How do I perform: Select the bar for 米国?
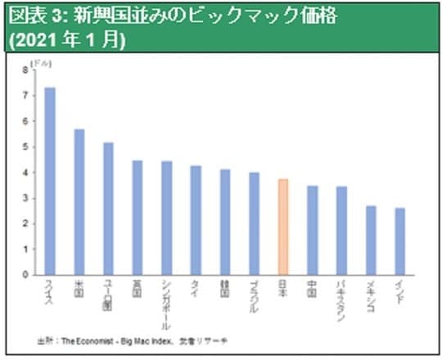tap(79, 201)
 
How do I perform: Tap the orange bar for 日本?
tap(282, 227)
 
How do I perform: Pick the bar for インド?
tap(399, 241)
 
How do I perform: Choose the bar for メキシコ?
tap(370, 240)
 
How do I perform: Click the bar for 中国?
tap(312, 230)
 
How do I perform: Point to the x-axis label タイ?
tap(196, 288)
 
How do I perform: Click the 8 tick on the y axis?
tap(26, 70)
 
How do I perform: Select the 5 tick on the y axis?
tap(26, 147)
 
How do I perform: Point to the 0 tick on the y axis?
tap(26, 275)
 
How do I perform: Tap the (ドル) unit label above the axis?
tap(40, 62)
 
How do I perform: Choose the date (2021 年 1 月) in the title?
tap(65, 40)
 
